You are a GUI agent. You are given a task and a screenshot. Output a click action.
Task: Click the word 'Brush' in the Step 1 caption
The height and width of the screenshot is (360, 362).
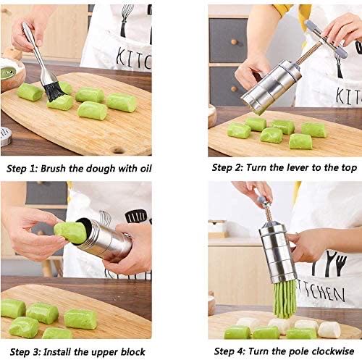(x=53, y=168)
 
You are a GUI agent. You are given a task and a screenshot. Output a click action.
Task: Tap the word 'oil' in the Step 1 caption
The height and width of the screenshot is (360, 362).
(x=146, y=168)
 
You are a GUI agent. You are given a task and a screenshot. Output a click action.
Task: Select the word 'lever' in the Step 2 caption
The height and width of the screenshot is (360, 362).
(x=295, y=167)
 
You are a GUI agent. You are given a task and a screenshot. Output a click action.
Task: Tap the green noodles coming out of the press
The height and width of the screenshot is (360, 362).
(x=285, y=299)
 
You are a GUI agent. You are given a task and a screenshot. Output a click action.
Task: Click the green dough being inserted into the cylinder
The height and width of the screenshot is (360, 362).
(x=70, y=233)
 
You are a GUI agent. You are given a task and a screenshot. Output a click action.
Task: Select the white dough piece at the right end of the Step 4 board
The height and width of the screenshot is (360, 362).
(x=329, y=330)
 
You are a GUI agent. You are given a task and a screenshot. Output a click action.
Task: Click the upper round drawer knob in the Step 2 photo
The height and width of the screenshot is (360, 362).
(x=234, y=42)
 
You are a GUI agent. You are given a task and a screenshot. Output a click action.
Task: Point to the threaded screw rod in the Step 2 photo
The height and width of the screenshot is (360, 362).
(x=308, y=54)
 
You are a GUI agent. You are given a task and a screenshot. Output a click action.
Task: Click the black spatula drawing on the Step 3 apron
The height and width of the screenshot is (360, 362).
(x=136, y=217)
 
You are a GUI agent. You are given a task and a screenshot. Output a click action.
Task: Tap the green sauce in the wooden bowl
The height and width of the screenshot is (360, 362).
(x=8, y=73)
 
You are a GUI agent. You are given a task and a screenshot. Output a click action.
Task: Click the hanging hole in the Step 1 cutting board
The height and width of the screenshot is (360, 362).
(x=118, y=150)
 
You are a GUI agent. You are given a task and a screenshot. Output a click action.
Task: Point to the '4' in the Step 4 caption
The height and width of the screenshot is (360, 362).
(x=242, y=351)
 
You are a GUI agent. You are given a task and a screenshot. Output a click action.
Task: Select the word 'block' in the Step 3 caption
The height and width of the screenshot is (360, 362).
(x=133, y=351)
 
